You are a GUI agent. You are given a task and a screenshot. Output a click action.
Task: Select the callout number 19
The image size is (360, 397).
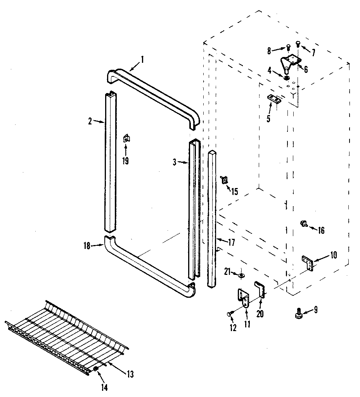point(126,161)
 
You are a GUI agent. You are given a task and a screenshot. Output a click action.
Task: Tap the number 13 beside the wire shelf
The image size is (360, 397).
point(130,374)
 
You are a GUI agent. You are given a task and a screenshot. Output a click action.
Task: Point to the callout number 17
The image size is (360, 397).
point(231,243)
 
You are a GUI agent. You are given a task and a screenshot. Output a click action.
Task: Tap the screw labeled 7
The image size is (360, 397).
point(298,44)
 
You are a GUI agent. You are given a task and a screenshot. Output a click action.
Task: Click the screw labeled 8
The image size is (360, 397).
point(288,47)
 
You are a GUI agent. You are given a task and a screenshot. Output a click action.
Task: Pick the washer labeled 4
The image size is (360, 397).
point(287,78)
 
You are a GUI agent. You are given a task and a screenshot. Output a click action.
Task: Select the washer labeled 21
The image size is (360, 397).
point(241,275)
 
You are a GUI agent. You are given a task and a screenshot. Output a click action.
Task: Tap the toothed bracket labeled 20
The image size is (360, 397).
point(260,290)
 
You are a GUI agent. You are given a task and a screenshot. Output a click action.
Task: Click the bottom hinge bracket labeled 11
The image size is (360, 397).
point(244,299)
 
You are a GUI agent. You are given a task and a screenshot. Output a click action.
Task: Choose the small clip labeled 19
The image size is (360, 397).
point(126,138)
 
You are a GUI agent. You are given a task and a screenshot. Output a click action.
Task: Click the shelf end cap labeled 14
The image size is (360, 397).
point(96,368)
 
